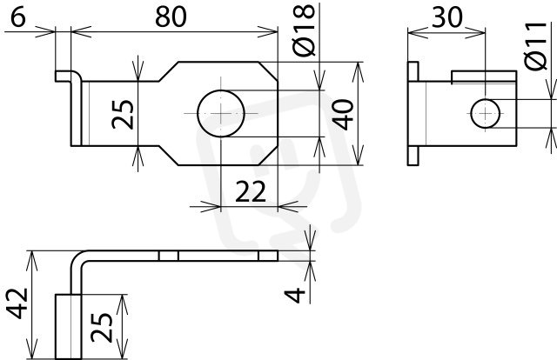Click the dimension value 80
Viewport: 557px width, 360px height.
click(x=171, y=17)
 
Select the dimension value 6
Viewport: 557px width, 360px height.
click(x=18, y=17)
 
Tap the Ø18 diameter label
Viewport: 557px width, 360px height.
click(x=305, y=30)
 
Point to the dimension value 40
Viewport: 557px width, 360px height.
click(x=343, y=114)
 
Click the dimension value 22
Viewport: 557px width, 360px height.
click(x=251, y=191)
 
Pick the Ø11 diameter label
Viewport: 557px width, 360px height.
click(x=535, y=45)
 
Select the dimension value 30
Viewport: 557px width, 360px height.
click(x=446, y=17)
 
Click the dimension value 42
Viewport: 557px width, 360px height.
click(x=17, y=303)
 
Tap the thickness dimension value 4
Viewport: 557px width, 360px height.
click(x=295, y=295)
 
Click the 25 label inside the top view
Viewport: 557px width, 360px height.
click(x=123, y=114)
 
